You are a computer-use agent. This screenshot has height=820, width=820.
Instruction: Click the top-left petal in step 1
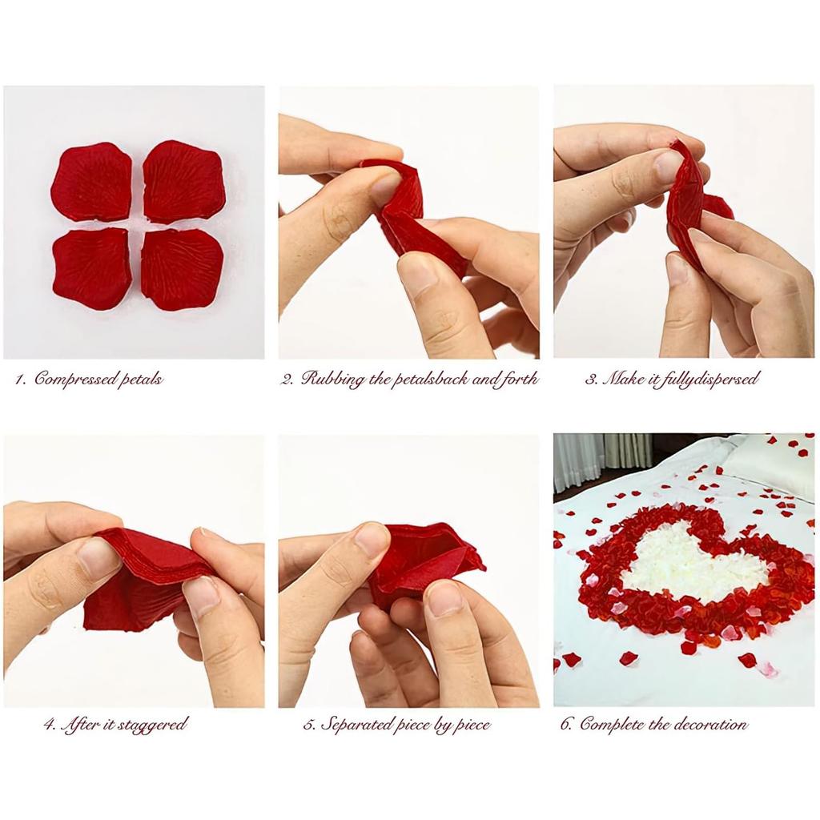91,182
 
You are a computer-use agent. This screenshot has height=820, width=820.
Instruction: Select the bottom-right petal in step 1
183,269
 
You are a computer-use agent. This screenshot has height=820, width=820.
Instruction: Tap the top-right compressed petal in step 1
183,181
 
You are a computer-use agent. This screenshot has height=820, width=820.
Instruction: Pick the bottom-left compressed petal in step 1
91,269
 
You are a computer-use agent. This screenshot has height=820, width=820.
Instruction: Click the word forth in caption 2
517,379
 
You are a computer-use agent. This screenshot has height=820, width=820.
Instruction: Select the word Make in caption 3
623,379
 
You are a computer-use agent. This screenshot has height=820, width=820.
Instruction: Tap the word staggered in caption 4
152,725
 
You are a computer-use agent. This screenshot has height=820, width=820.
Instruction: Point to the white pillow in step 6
769,464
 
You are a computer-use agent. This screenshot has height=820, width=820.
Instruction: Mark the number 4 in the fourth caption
49,726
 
